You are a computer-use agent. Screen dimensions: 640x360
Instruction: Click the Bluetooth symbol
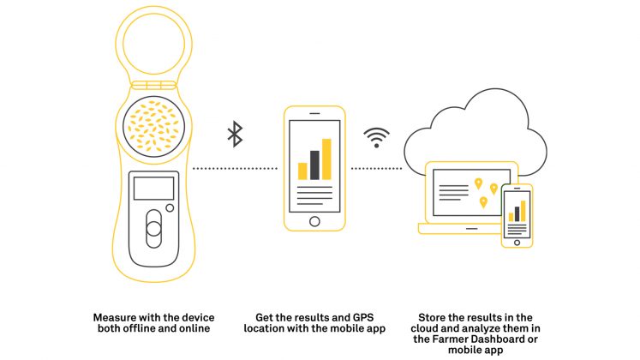click(x=235, y=134)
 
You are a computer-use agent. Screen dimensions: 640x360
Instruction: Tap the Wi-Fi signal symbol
click(x=376, y=137)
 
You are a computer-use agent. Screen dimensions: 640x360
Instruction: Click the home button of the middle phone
click(x=314, y=221)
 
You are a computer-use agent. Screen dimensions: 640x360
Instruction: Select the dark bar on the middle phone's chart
click(x=314, y=165)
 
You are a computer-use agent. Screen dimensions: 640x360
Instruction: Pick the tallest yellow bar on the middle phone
click(x=326, y=159)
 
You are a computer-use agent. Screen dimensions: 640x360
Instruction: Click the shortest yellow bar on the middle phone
click(x=302, y=171)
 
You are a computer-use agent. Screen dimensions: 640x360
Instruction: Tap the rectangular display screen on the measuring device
click(x=154, y=189)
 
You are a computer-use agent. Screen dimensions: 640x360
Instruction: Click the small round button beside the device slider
click(x=170, y=207)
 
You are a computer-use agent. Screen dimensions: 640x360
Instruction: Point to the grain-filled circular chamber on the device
click(x=154, y=127)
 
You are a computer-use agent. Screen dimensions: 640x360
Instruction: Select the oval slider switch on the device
click(x=154, y=229)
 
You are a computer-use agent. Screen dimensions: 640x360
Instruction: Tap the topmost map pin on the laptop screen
click(x=478, y=183)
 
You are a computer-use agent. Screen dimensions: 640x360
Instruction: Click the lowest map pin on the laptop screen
click(x=483, y=202)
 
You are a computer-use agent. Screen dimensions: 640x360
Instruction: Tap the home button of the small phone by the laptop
click(x=517, y=243)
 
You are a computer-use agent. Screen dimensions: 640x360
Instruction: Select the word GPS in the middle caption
click(x=363, y=317)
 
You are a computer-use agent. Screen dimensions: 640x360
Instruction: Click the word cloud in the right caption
click(x=424, y=328)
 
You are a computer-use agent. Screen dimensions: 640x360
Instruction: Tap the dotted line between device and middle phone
click(x=235, y=168)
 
